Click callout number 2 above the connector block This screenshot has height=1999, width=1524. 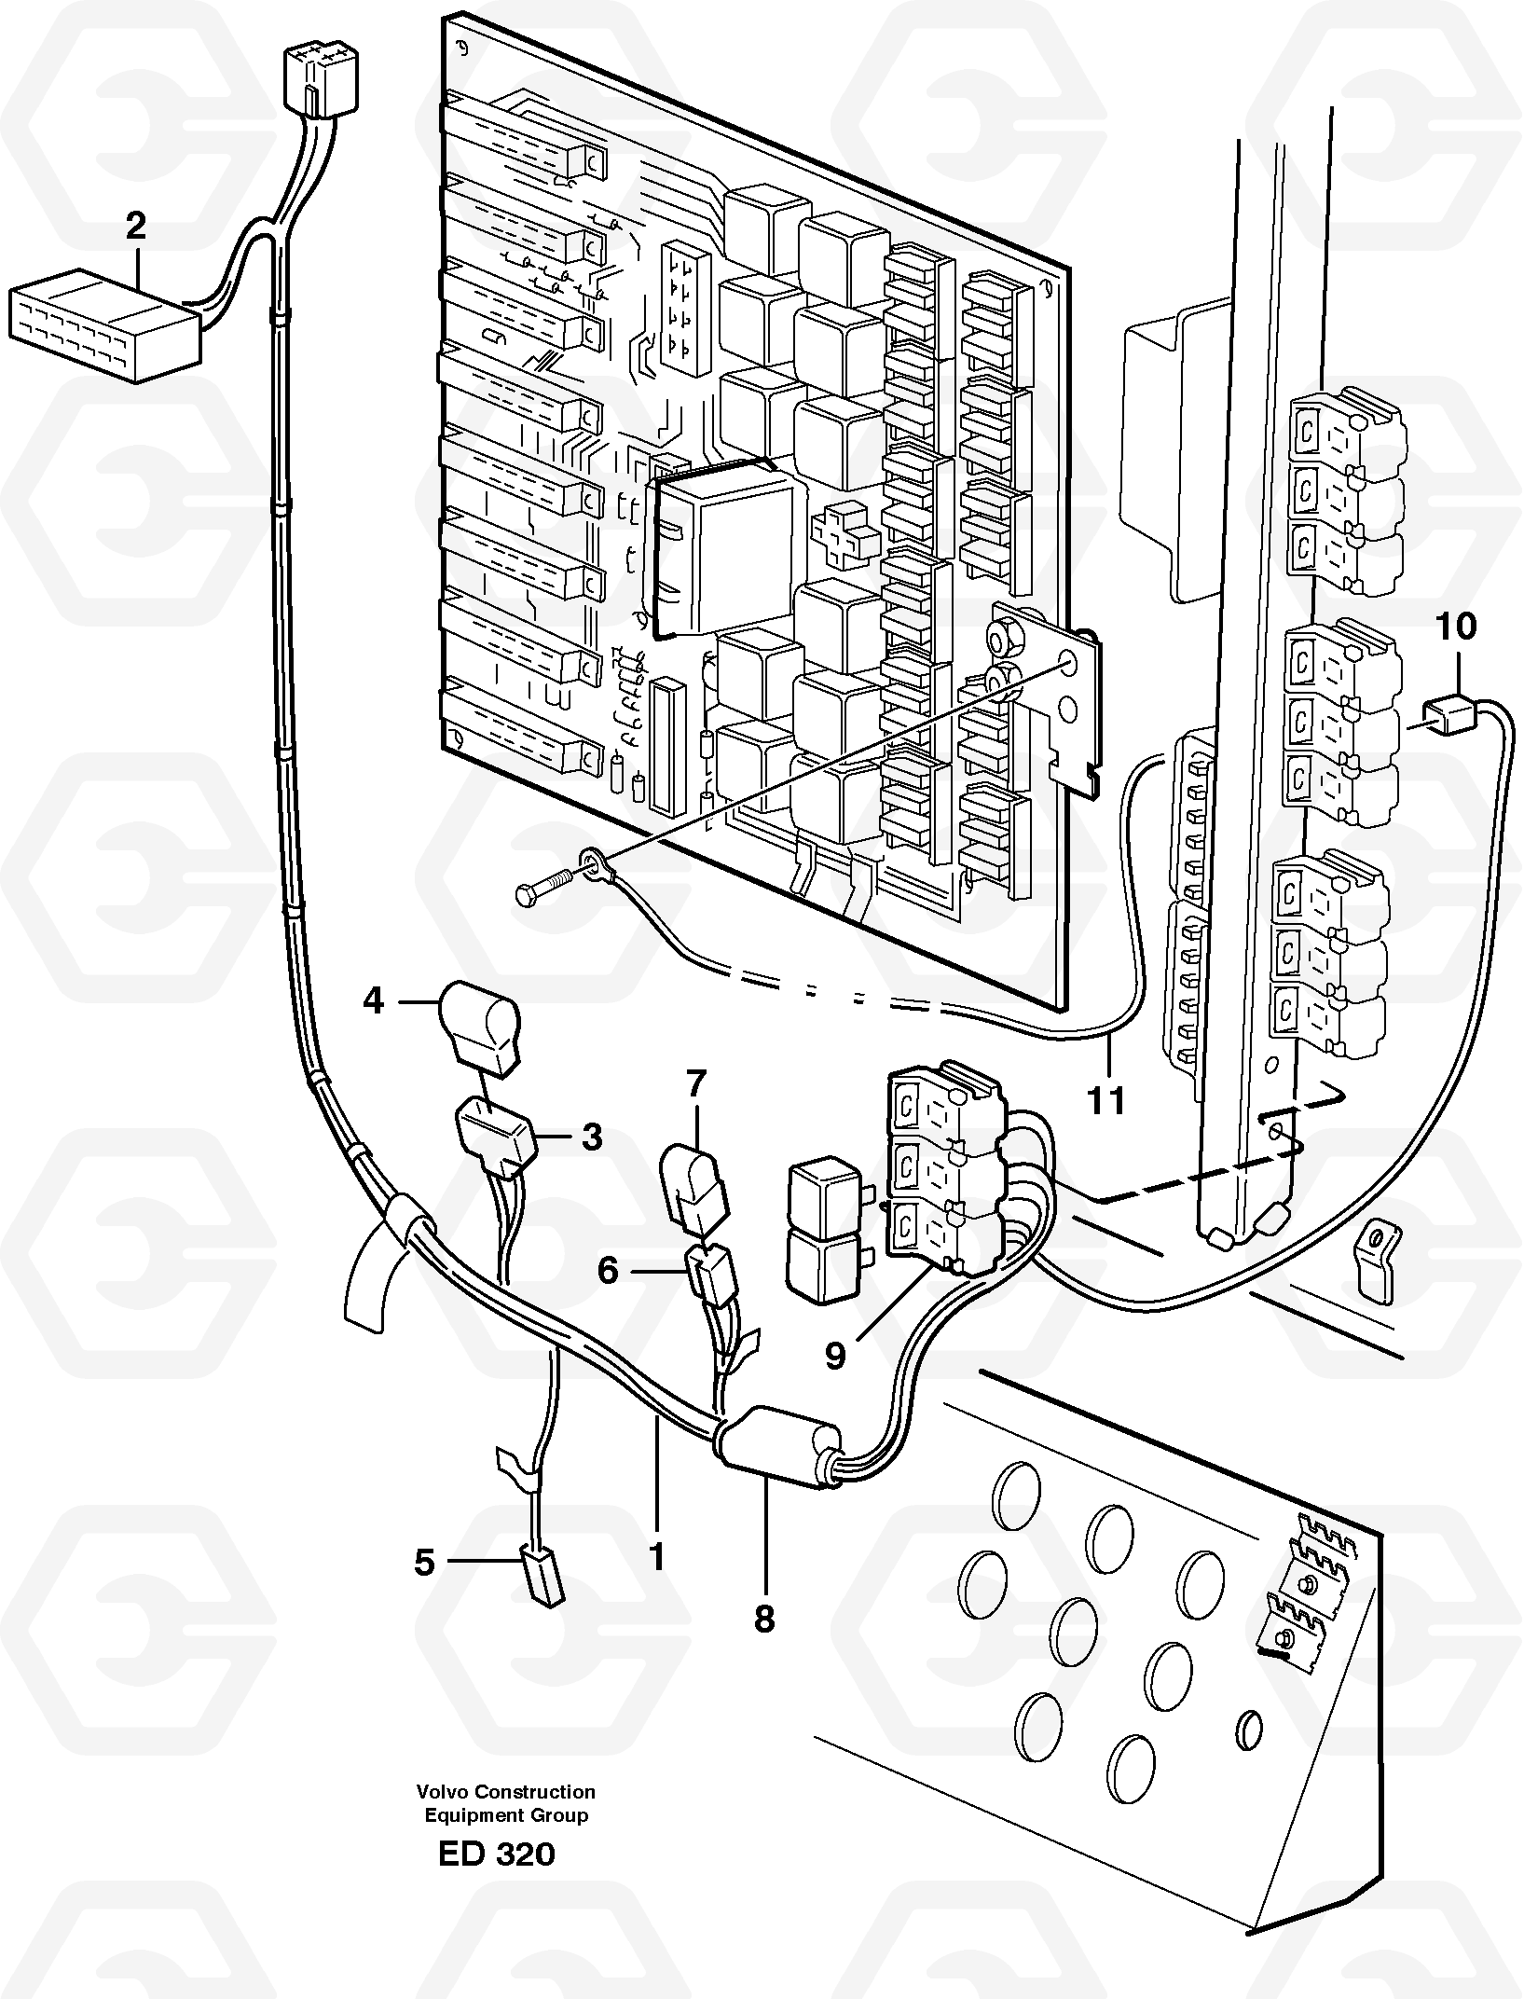[x=136, y=227]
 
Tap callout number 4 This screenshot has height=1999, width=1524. [x=373, y=1001]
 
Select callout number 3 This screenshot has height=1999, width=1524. [x=592, y=1137]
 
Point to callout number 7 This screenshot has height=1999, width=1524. [x=696, y=1084]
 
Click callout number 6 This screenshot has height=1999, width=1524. [x=608, y=1269]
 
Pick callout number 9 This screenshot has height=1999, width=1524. [x=835, y=1356]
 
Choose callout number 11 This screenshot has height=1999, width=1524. [x=1107, y=1101]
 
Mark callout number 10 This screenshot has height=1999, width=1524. [x=1456, y=627]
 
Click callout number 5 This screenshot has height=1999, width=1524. [x=424, y=1562]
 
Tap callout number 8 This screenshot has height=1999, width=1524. [x=764, y=1620]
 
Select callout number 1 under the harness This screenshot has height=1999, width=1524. [x=657, y=1555]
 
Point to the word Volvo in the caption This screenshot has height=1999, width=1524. [x=442, y=1791]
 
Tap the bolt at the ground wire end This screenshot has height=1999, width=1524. [x=541, y=886]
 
